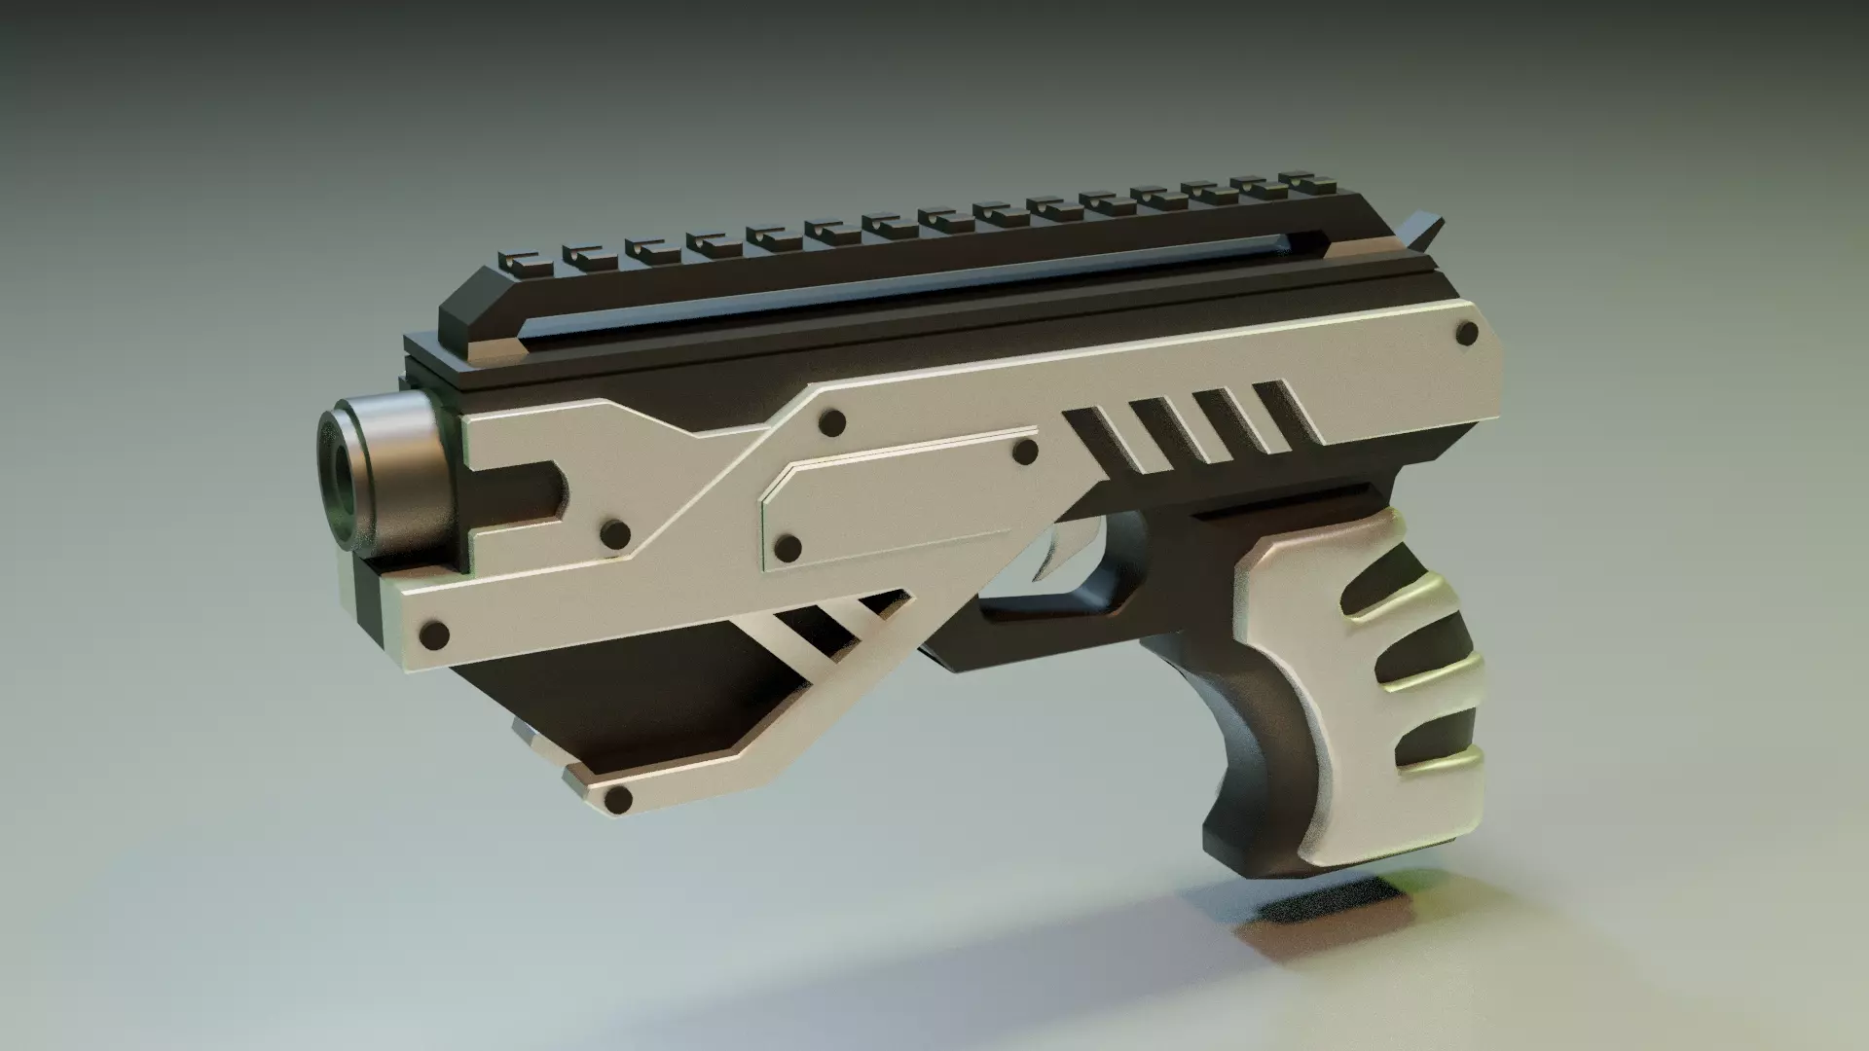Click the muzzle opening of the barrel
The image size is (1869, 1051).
click(x=343, y=477)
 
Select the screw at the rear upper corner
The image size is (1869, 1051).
click(x=1465, y=335)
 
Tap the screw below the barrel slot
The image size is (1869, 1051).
click(x=614, y=533)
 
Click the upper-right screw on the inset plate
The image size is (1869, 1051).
click(x=1025, y=452)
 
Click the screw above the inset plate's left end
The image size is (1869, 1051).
click(x=832, y=422)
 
